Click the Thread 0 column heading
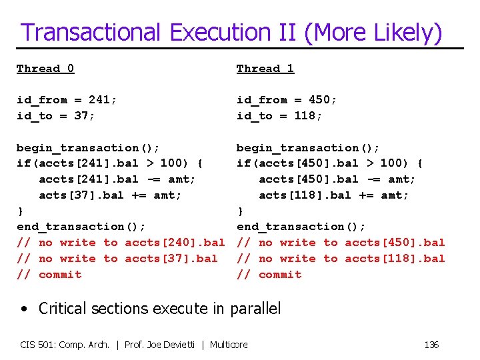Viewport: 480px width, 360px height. (45, 69)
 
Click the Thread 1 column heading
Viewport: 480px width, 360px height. (265, 69)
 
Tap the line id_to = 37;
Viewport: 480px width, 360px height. (56, 116)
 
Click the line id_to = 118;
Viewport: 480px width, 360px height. (279, 116)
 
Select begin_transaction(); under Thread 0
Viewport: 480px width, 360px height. (88, 148)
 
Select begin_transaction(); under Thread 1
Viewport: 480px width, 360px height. (308, 148)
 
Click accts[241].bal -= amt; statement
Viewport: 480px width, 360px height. (117, 179)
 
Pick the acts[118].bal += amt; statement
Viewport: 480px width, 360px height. (334, 195)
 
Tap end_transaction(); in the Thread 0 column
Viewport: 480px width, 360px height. (81, 227)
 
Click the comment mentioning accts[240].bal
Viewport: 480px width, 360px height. (121, 243)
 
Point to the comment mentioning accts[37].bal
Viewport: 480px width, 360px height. (117, 259)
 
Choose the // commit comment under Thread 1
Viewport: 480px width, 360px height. (269, 275)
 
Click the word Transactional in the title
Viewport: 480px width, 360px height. (91, 33)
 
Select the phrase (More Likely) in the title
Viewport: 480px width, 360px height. (373, 33)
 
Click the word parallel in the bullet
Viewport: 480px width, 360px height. (255, 309)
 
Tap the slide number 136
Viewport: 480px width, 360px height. (431, 345)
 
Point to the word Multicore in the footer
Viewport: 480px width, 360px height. (229, 345)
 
